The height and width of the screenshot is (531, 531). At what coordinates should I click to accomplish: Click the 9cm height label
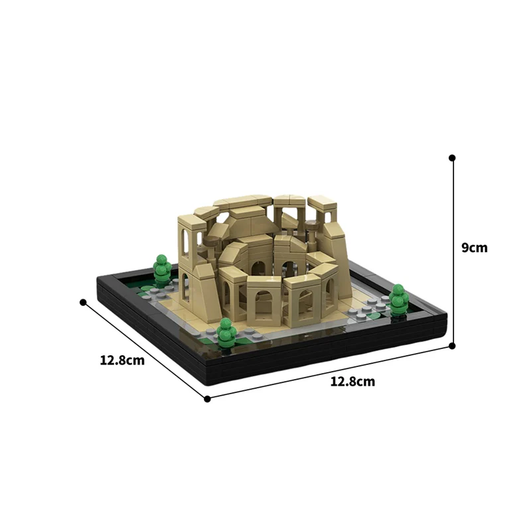475,248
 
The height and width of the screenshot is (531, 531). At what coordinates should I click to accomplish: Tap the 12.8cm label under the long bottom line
352,382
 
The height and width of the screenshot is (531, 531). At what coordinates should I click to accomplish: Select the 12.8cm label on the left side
122,360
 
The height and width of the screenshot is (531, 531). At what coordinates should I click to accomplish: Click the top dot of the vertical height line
452,158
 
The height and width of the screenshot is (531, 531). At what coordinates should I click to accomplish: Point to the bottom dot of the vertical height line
453,345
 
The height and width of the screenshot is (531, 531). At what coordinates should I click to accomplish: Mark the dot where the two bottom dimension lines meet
207,399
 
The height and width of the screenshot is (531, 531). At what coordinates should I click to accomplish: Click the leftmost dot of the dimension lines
83,302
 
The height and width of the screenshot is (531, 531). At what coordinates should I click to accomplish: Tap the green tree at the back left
161,268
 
